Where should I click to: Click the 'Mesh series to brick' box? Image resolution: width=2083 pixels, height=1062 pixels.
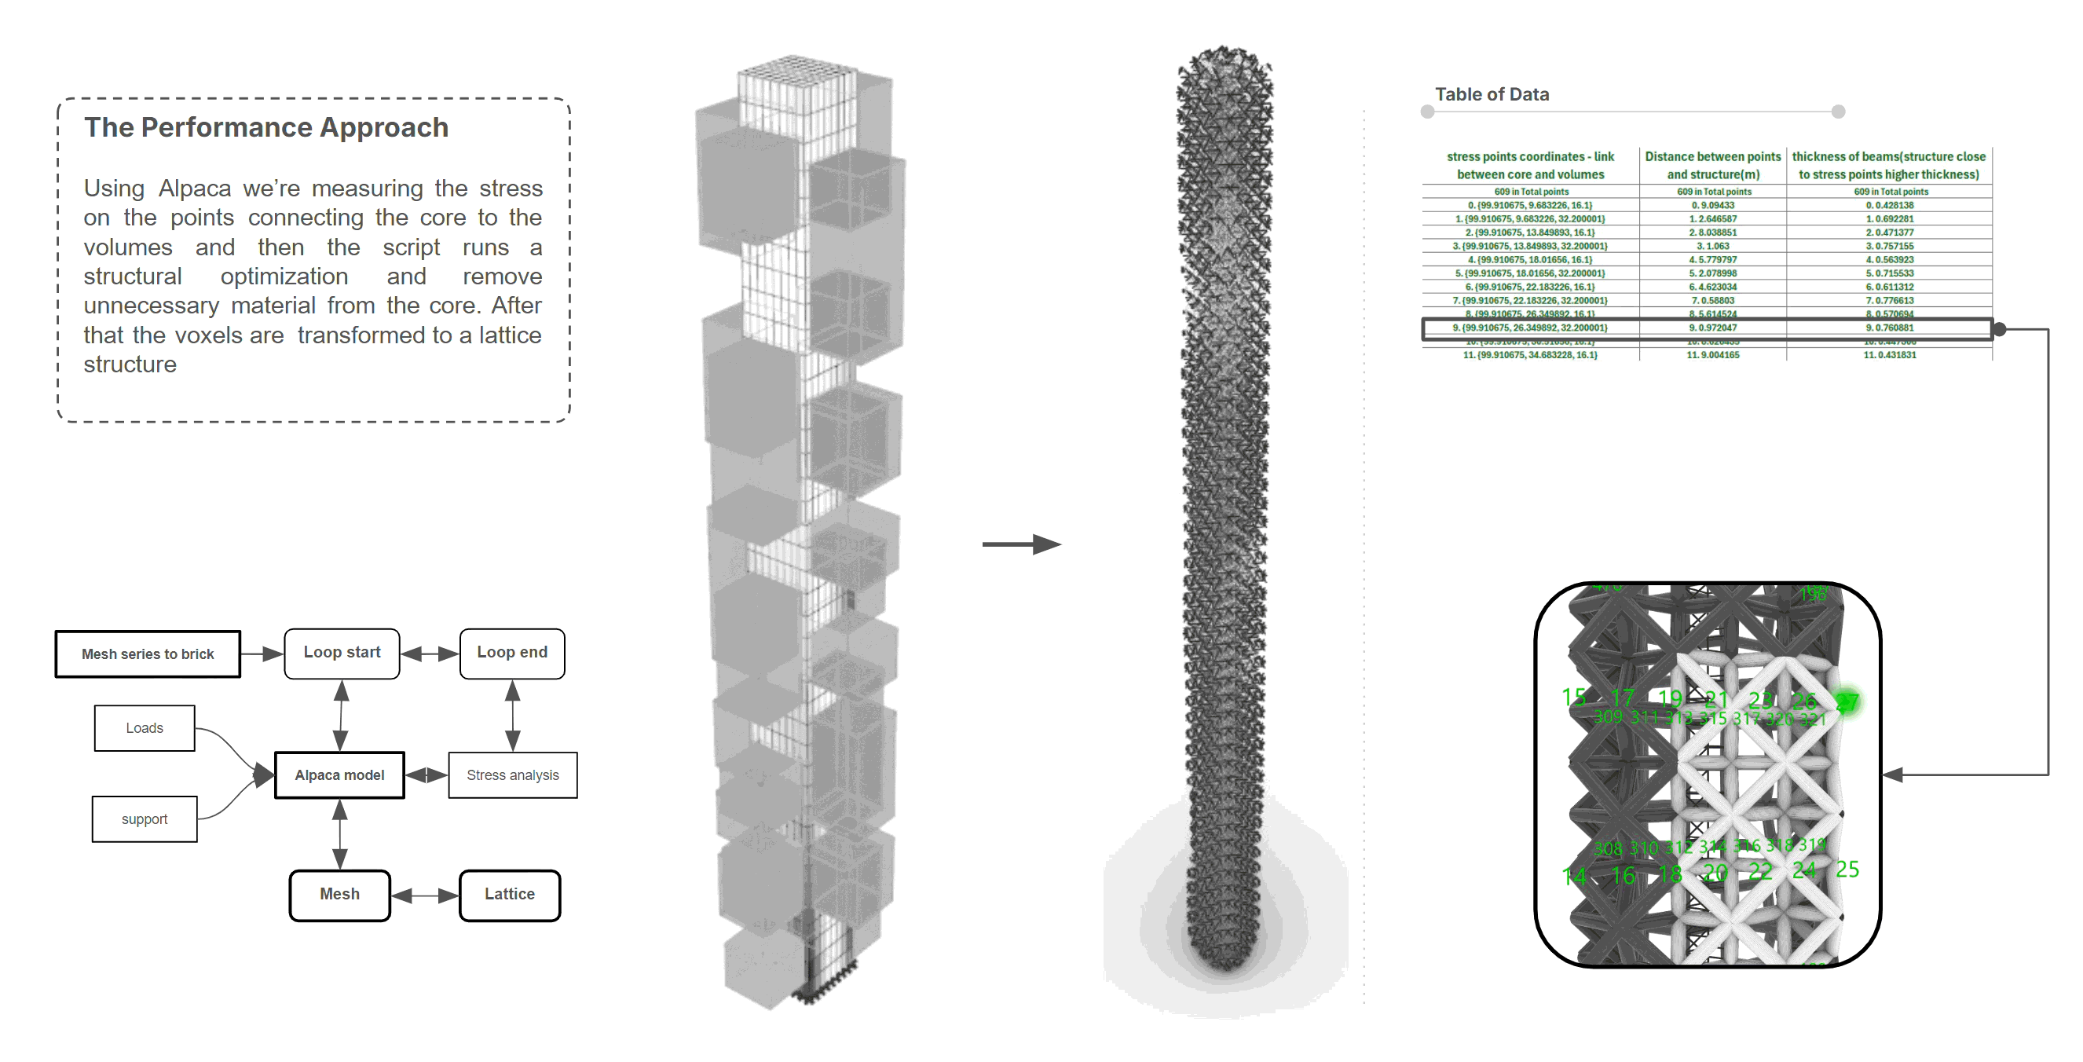click(148, 654)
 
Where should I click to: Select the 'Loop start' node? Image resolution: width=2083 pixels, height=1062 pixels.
click(342, 653)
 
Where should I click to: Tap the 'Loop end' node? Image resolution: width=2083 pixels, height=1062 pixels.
click(512, 653)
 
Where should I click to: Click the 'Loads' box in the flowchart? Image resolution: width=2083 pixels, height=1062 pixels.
click(145, 728)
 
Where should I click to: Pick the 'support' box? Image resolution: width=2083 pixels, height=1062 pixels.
click(145, 818)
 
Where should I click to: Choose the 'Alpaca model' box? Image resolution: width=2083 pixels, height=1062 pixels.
click(339, 775)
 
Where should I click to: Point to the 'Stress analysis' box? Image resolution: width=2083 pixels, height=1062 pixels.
click(513, 775)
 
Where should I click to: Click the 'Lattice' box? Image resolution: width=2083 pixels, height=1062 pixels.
click(510, 895)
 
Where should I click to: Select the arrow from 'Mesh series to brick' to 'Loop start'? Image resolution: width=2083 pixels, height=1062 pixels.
click(262, 654)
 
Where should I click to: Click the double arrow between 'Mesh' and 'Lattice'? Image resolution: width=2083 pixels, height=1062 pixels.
click(424, 895)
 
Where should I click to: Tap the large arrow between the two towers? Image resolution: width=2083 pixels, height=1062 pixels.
click(1021, 544)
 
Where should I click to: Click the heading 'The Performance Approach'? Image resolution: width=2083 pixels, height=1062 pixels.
click(266, 128)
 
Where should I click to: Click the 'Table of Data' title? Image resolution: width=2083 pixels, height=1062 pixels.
click(1492, 94)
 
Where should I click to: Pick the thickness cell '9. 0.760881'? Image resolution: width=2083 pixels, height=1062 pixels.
click(1889, 328)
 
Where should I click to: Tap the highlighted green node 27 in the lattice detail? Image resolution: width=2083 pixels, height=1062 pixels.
click(1847, 702)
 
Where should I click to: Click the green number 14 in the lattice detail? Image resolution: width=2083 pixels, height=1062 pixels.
click(1573, 876)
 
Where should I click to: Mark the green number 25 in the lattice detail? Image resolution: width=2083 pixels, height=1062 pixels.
click(1847, 870)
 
